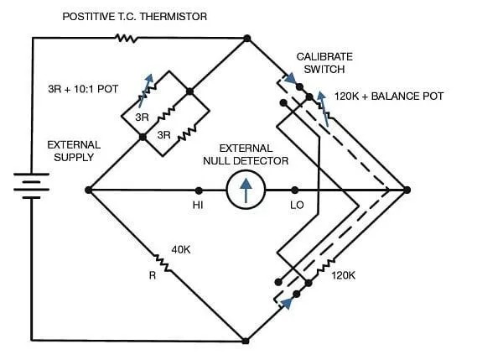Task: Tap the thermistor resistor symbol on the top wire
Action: tap(126, 38)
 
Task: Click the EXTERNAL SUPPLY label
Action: tap(74, 150)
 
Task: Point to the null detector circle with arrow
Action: tap(246, 190)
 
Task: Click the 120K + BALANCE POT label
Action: tap(388, 97)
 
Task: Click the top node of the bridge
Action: tap(247, 39)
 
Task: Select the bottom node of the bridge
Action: tap(246, 341)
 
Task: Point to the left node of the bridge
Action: tap(89, 190)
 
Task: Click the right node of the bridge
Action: tap(407, 190)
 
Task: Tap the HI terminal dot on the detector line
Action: tap(199, 190)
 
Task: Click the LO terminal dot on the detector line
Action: tap(294, 190)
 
